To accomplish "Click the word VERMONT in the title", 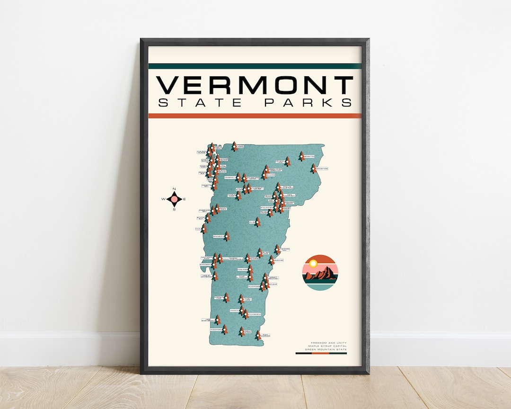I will pyautogui.click(x=255, y=85).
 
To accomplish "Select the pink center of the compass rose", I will pyautogui.click(x=174, y=199).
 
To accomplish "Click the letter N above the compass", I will pyautogui.click(x=174, y=189).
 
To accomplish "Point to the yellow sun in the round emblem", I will pyautogui.click(x=313, y=263).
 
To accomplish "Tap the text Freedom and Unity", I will pyautogui.click(x=329, y=343).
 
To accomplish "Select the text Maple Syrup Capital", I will pyautogui.click(x=328, y=346).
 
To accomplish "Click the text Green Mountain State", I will pyautogui.click(x=327, y=349).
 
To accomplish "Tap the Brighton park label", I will pyautogui.click(x=309, y=156).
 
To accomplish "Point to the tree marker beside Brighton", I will pyautogui.click(x=301, y=156).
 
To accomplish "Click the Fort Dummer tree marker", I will pyautogui.click(x=258, y=335).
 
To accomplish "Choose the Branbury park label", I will pyautogui.click(x=219, y=236).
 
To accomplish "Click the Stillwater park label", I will pyautogui.click(x=266, y=207).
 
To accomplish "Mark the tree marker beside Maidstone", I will pyautogui.click(x=313, y=168).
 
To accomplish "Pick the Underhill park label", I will pyautogui.click(x=230, y=178).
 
